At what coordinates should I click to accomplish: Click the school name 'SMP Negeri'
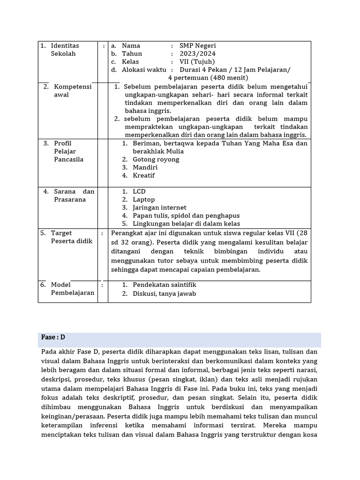(x=198, y=45)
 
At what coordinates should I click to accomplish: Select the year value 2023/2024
(x=197, y=53)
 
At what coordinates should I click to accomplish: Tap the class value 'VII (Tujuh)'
(x=197, y=61)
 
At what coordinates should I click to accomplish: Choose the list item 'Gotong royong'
(x=156, y=159)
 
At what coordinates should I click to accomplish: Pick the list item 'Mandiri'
(x=145, y=167)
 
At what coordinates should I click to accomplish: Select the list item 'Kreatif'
(x=143, y=175)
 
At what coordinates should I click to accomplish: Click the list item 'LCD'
(x=139, y=191)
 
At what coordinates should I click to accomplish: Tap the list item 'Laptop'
(x=143, y=199)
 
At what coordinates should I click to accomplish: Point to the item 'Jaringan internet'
(x=159, y=207)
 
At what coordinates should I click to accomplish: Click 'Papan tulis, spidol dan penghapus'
(x=186, y=216)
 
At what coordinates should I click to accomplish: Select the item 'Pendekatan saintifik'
(x=164, y=285)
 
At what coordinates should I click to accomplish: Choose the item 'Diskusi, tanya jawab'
(x=164, y=294)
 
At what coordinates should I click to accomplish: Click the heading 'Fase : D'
(x=53, y=337)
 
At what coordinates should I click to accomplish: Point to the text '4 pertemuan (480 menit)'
(x=208, y=77)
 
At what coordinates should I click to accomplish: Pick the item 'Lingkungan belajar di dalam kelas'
(x=186, y=224)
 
